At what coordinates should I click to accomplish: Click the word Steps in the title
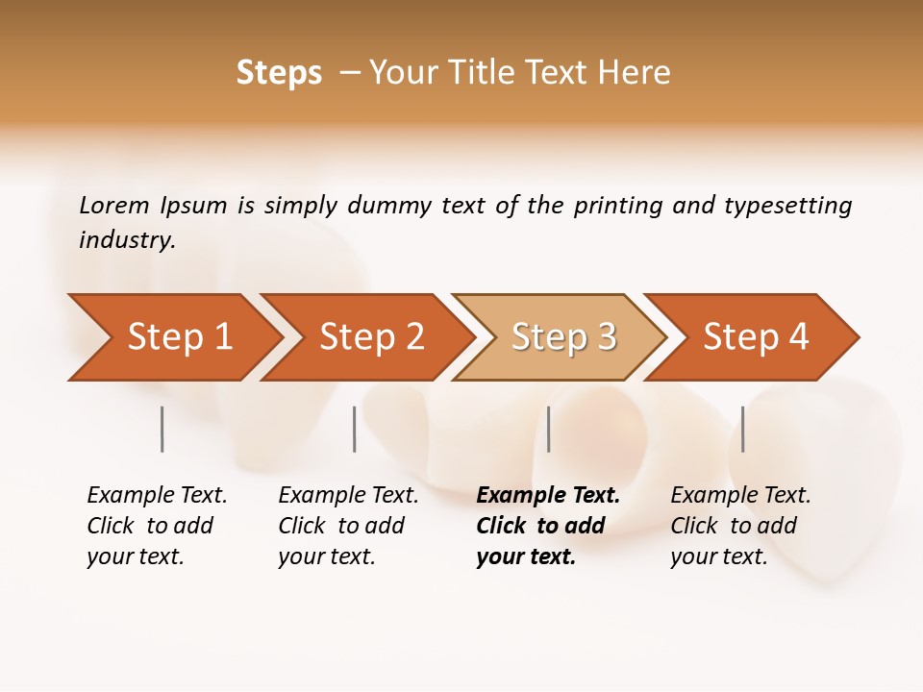click(x=279, y=73)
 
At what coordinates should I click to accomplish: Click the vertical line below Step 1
click(x=162, y=429)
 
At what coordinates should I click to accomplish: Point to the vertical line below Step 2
click(x=355, y=429)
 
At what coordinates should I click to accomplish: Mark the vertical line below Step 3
click(x=548, y=429)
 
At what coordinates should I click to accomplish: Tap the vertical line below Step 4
click(x=742, y=429)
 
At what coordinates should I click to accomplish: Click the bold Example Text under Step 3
click(x=548, y=496)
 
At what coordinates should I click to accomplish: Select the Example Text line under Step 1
click(x=157, y=496)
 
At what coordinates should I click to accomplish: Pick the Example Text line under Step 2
click(x=348, y=496)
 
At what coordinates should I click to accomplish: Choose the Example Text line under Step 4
click(x=740, y=496)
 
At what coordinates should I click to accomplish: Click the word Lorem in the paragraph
click(x=113, y=206)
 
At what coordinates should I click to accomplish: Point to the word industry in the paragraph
click(x=127, y=240)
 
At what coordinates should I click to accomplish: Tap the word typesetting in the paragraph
click(x=787, y=206)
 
